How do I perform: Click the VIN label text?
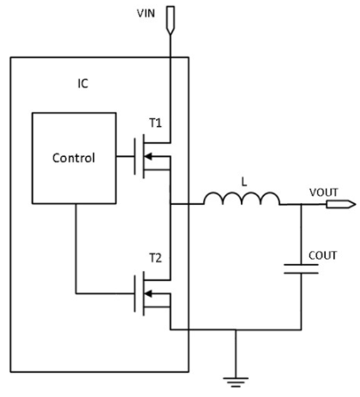[146, 14]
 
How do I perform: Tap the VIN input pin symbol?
[171, 21]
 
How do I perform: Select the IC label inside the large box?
[83, 84]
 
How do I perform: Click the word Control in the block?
[74, 158]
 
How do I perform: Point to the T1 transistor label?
[156, 123]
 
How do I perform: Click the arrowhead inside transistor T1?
[148, 156]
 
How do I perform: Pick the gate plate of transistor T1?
[135, 156]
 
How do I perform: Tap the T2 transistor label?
[156, 258]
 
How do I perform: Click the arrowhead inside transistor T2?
[148, 293]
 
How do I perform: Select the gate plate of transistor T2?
[135, 293]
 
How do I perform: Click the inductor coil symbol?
[242, 199]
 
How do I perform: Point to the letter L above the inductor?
[244, 182]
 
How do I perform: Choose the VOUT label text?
[324, 192]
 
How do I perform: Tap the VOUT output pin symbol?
[341, 204]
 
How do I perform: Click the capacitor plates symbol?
[301, 269]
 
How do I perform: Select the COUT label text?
[323, 256]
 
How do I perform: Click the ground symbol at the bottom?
[236, 382]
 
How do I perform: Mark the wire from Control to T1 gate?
[125, 156]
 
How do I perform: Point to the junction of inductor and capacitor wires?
[301, 204]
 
